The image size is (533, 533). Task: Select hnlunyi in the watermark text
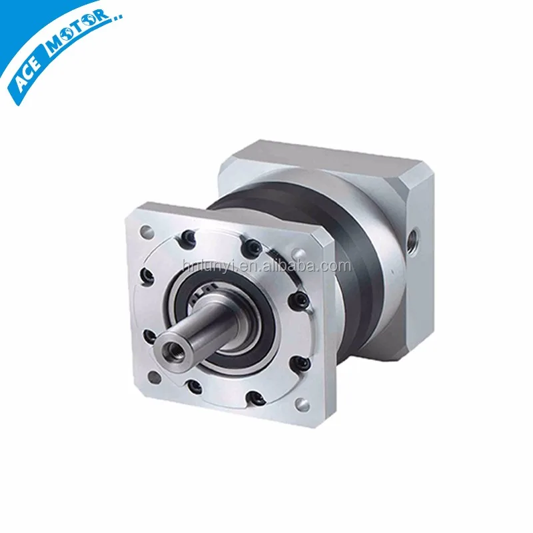[203, 266]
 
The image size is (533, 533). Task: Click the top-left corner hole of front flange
[146, 231]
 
